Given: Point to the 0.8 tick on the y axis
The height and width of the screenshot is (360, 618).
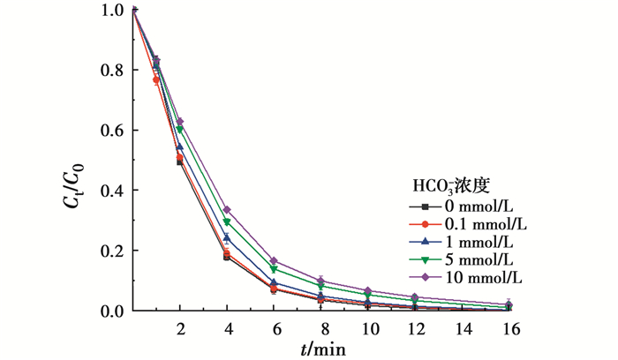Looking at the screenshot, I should pos(132,71).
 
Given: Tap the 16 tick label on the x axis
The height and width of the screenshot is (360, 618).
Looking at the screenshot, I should pos(510,328).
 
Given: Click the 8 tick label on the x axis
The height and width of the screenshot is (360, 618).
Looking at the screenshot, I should pos(321,328).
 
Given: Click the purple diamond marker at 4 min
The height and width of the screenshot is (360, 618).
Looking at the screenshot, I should pos(227,210).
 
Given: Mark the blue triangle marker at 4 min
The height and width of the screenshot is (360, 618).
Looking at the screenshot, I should pos(227,238).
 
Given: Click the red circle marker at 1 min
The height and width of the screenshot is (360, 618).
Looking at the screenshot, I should pos(156,80).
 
